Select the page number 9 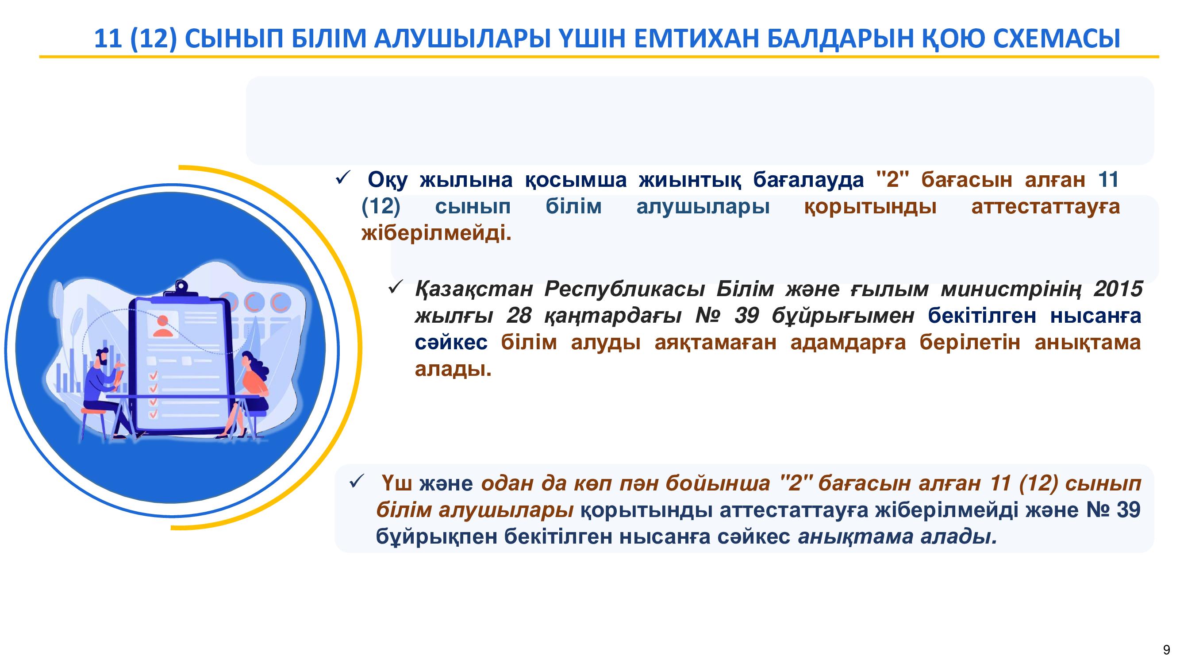pos(1167,650)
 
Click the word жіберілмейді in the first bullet pos(436,233)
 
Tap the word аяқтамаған pos(715,343)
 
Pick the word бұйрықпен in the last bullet pos(436,537)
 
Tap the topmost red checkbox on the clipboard pos(153,376)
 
